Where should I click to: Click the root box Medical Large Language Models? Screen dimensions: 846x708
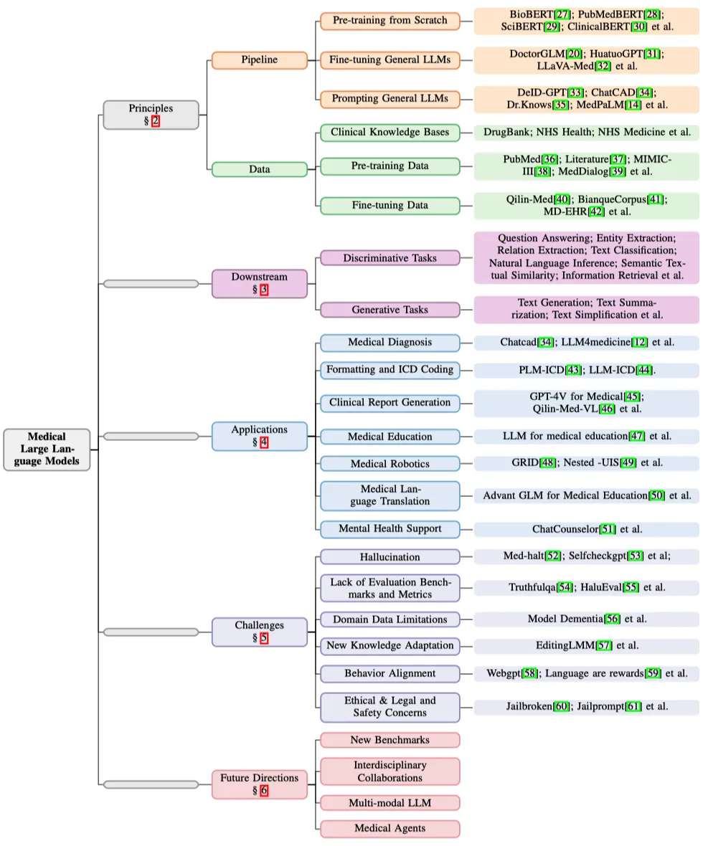click(47, 450)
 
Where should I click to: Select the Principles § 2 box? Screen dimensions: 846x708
click(151, 115)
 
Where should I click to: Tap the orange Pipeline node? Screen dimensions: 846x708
click(259, 60)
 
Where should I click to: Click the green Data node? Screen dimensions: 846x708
click(259, 169)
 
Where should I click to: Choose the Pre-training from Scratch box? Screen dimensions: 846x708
click(390, 21)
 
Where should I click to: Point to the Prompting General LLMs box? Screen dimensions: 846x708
click(390, 98)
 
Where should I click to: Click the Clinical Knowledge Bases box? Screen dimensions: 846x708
click(390, 133)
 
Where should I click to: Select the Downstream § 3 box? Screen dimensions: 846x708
click(259, 283)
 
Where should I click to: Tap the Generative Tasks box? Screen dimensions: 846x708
click(390, 310)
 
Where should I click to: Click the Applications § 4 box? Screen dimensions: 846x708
click(259, 436)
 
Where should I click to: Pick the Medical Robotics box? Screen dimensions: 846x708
click(390, 464)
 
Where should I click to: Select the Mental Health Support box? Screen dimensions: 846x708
click(390, 529)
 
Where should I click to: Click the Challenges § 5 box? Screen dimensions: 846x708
click(259, 632)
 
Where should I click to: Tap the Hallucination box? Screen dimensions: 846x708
click(390, 557)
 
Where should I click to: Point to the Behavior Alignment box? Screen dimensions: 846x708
click(390, 673)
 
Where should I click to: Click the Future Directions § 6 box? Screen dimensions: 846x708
click(259, 784)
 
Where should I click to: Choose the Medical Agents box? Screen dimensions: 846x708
click(390, 828)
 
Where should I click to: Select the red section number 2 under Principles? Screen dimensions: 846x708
click(156, 121)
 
